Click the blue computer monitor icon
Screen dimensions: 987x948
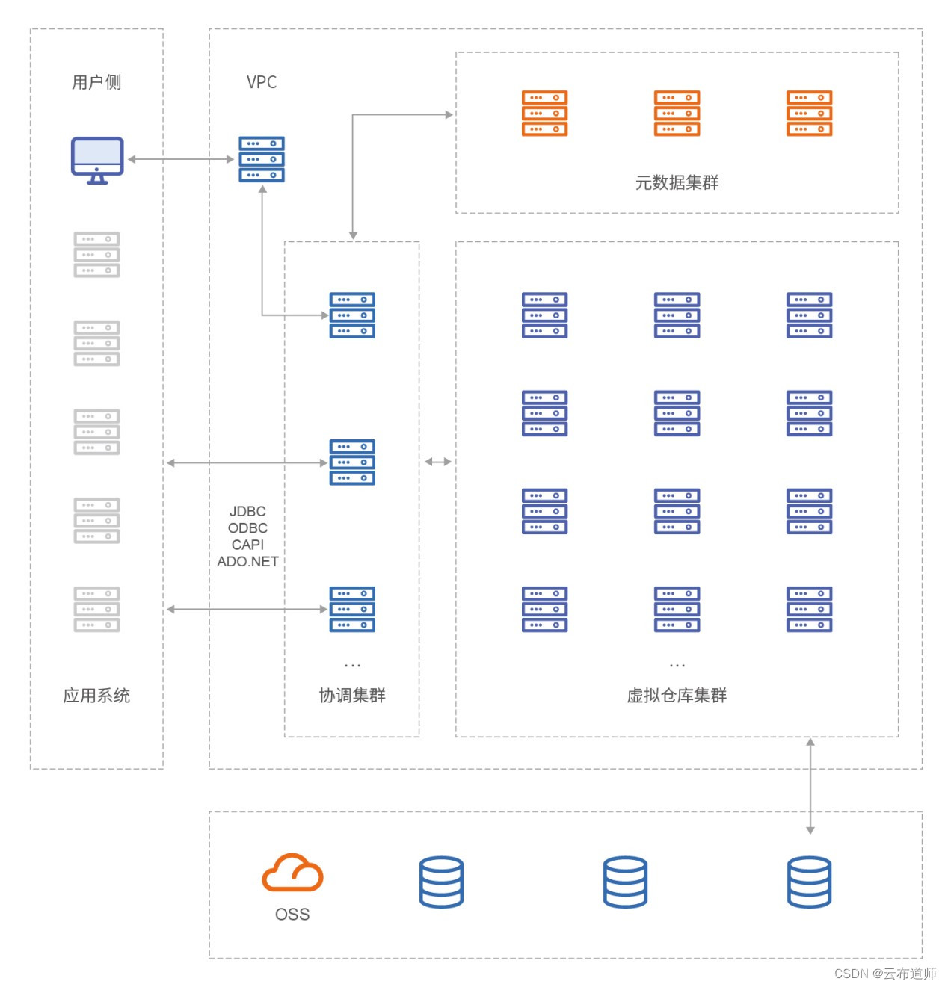click(x=97, y=159)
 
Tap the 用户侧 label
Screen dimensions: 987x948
click(x=96, y=82)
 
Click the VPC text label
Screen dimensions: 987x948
click(x=262, y=82)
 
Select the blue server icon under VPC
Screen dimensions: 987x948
click(x=262, y=159)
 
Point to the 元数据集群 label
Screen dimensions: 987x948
click(x=677, y=182)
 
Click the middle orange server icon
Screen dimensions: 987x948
click(x=677, y=114)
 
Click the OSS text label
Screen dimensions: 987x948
click(x=292, y=915)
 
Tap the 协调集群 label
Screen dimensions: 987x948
click(x=352, y=696)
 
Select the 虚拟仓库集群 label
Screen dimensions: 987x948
click(x=677, y=696)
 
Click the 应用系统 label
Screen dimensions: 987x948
click(x=96, y=696)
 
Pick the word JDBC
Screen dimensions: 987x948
click(x=247, y=511)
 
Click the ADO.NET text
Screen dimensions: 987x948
click(x=247, y=561)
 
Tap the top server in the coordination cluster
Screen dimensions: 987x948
click(x=352, y=315)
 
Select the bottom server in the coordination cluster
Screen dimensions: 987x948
click(x=352, y=609)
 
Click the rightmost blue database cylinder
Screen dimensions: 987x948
click(x=810, y=882)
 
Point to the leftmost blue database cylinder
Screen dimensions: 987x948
click(x=441, y=882)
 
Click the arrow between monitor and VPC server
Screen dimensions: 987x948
click(x=181, y=159)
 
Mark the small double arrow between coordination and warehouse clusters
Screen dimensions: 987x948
click(x=438, y=462)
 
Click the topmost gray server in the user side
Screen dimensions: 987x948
click(x=96, y=255)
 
